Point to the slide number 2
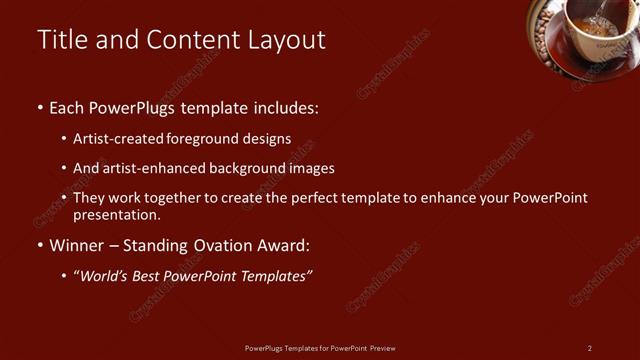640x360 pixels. [x=590, y=348]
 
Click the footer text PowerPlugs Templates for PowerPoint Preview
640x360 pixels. [x=320, y=348]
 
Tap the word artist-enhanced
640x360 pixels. [x=157, y=168]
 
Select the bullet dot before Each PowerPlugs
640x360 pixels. [x=39, y=107]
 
